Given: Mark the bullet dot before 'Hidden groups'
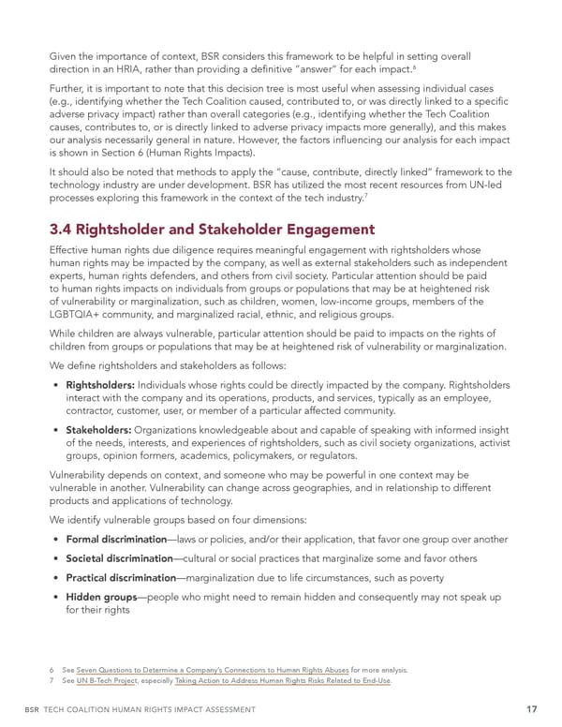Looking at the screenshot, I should (58, 597).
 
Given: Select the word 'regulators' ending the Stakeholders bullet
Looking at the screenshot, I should (330, 456).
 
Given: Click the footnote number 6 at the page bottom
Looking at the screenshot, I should (53, 670).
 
